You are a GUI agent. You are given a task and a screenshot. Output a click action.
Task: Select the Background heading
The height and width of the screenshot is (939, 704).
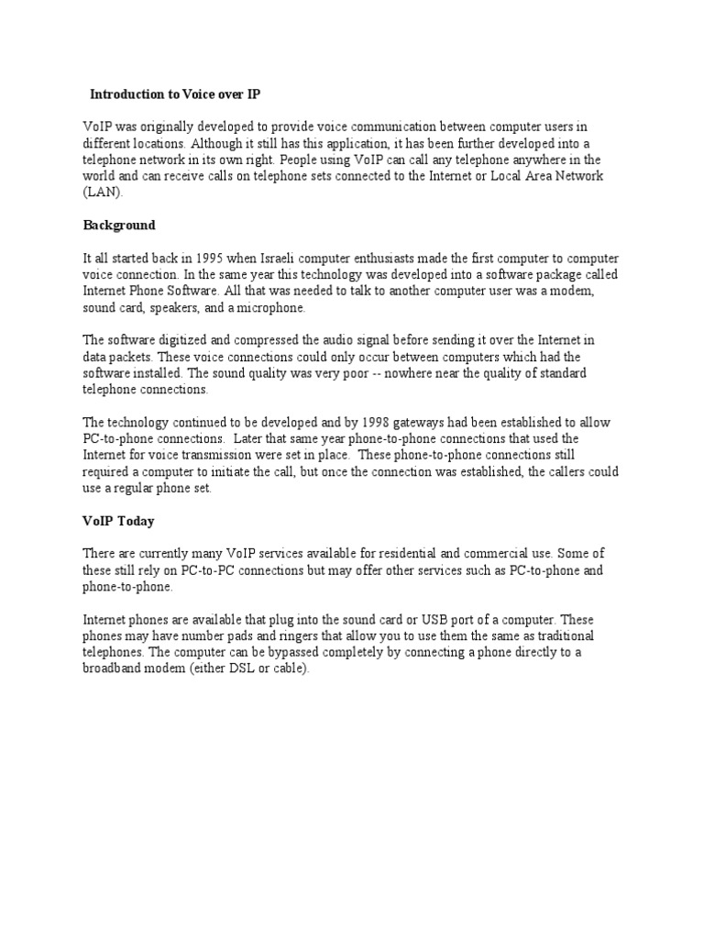[119, 225]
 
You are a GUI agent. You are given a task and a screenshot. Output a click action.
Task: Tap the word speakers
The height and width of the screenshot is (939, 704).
[178, 307]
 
